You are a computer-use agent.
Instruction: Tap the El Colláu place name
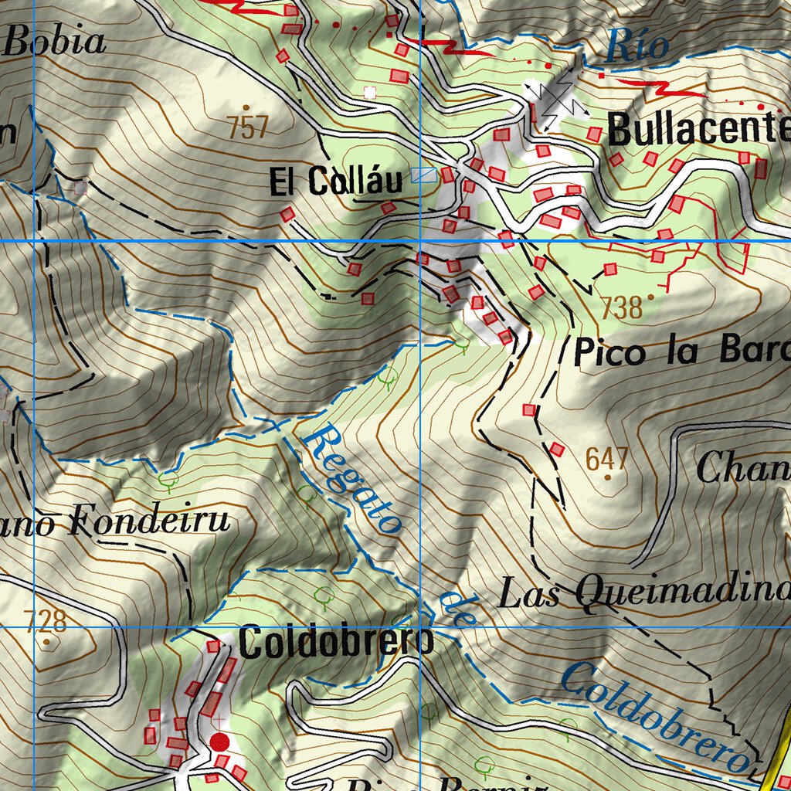(336, 182)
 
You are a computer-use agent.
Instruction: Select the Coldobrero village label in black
(336, 643)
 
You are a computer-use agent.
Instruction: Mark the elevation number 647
(606, 459)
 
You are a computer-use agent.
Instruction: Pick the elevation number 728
(46, 621)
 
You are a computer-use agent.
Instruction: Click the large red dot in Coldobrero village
(220, 743)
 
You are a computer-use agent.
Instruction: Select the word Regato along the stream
(352, 479)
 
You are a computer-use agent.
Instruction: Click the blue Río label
(637, 46)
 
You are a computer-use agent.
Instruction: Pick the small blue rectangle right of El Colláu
(423, 175)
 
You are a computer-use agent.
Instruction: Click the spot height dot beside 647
(608, 477)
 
